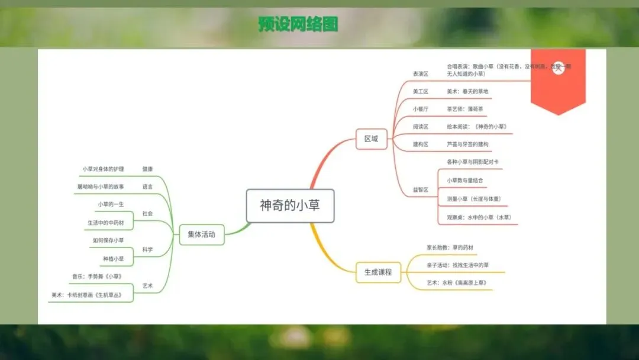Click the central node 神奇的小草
coord(290,205)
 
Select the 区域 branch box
coord(372,140)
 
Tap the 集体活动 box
coord(202,234)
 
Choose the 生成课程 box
coord(378,272)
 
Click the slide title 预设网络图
coord(299,24)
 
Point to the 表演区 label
coord(421,74)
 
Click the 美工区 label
coord(421,92)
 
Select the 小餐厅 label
coord(421,110)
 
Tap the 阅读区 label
coord(421,127)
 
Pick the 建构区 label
coord(421,144)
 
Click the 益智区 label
coord(421,190)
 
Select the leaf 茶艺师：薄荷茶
coord(465,110)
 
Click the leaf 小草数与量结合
coord(465,180)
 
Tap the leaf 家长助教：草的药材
coord(450,247)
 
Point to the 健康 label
coord(147,169)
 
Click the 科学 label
coord(147,250)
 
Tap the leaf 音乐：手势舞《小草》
coord(97,277)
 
